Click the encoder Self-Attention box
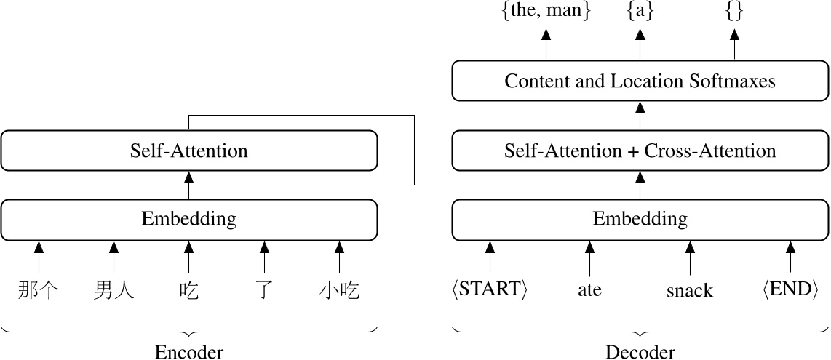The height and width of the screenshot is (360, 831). pyautogui.click(x=189, y=151)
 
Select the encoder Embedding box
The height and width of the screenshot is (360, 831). pyautogui.click(x=189, y=219)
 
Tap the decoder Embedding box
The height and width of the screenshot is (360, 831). pyautogui.click(x=640, y=219)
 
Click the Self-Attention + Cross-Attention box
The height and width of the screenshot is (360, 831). pyautogui.click(x=640, y=151)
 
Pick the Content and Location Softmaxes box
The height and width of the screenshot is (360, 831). pyautogui.click(x=640, y=81)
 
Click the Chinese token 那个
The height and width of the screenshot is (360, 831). pyautogui.click(x=39, y=291)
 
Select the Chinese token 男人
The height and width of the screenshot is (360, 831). pyautogui.click(x=114, y=291)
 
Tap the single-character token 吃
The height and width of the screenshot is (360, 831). pyautogui.click(x=188, y=291)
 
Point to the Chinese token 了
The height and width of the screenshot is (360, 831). pyautogui.click(x=263, y=291)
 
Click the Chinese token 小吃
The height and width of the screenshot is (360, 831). pyautogui.click(x=339, y=291)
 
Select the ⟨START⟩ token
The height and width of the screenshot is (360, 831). pyautogui.click(x=489, y=289)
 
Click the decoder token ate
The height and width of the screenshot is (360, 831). pyautogui.click(x=589, y=290)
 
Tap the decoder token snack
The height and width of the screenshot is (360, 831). pyautogui.click(x=690, y=291)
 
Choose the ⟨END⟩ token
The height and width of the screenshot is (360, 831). pyautogui.click(x=790, y=289)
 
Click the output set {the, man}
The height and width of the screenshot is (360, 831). pyautogui.click(x=546, y=12)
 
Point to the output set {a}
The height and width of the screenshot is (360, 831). pyautogui.click(x=640, y=12)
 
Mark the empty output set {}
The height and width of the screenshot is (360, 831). pyautogui.click(x=734, y=12)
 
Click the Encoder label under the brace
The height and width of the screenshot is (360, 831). pyautogui.click(x=189, y=352)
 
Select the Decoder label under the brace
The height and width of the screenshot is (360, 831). pyautogui.click(x=640, y=352)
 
